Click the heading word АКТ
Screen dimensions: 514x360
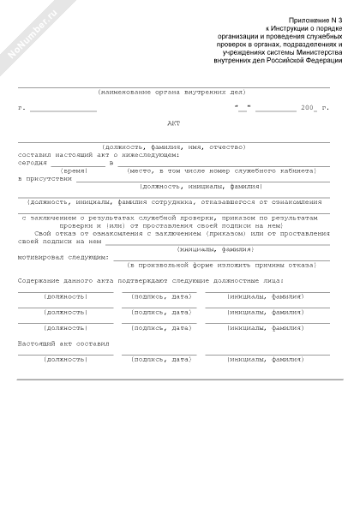tap(175, 123)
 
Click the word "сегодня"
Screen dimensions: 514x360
tap(33, 163)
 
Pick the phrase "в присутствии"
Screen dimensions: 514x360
tap(41, 178)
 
